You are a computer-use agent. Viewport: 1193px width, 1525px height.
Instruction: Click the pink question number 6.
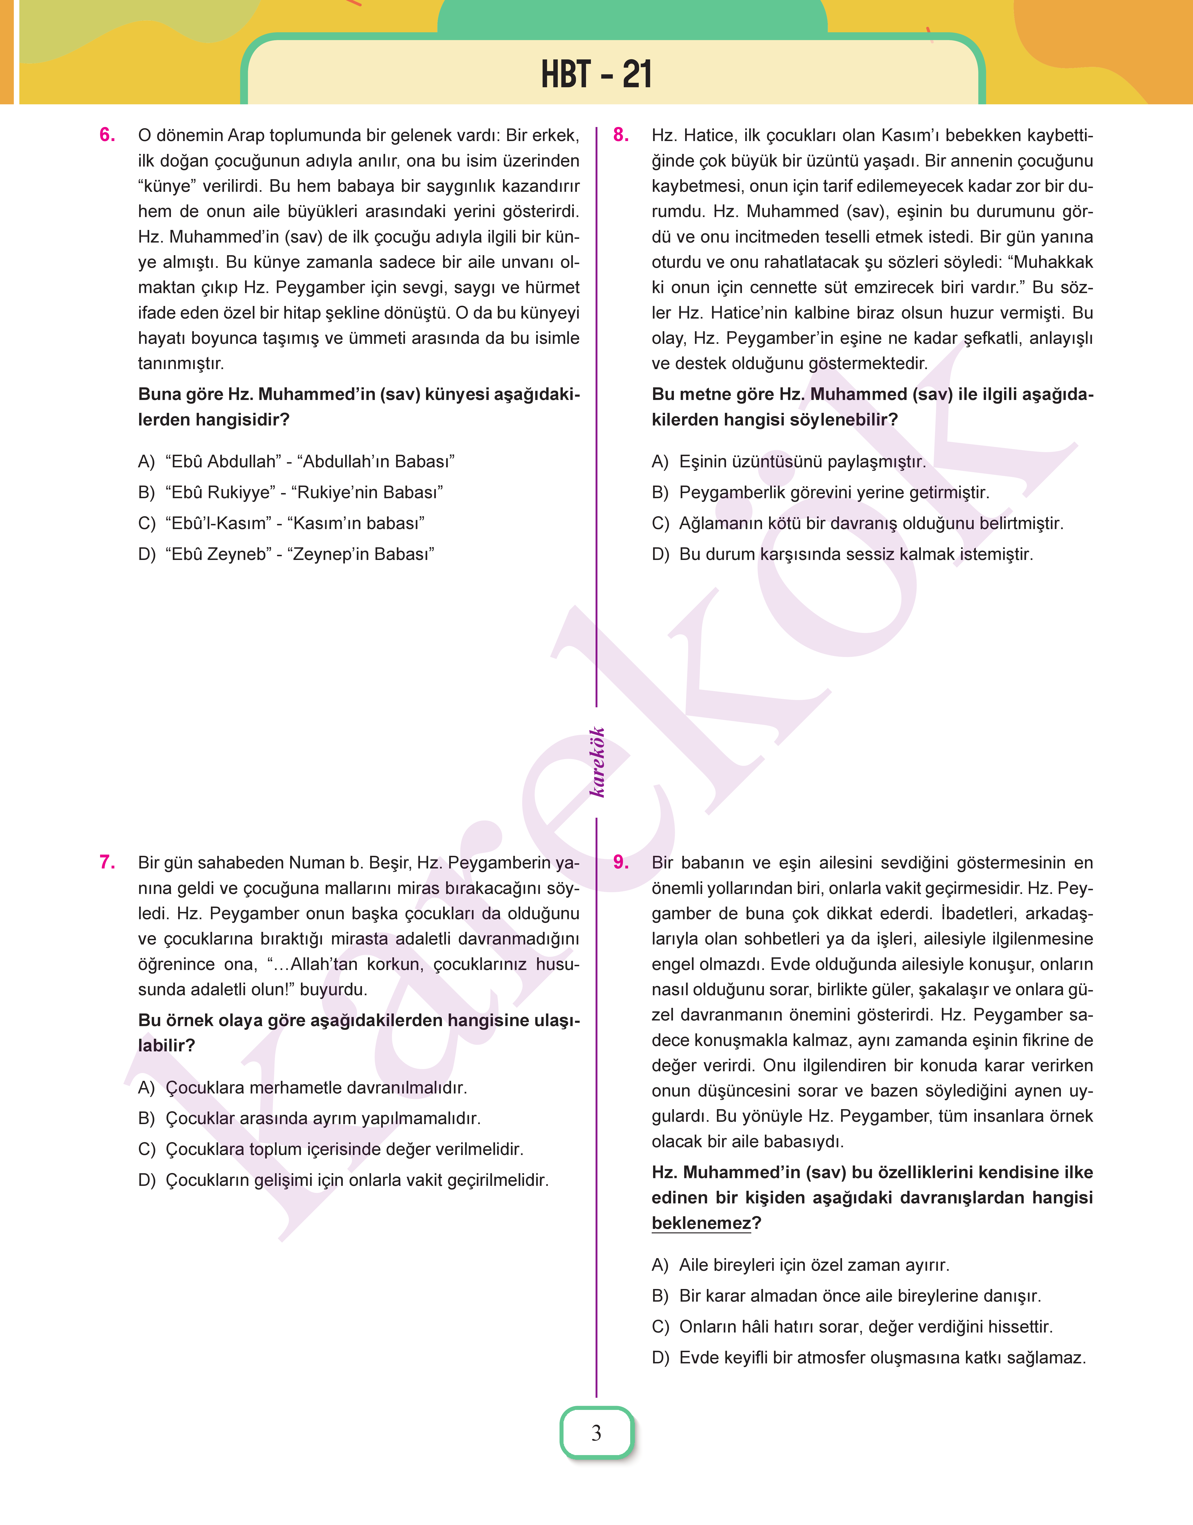pyautogui.click(x=108, y=135)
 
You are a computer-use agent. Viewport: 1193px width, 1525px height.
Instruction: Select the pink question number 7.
pyautogui.click(x=108, y=862)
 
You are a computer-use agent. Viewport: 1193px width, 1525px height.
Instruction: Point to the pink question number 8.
pyautogui.click(x=621, y=135)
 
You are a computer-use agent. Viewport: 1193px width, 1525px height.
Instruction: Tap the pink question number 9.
pyautogui.click(x=621, y=862)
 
